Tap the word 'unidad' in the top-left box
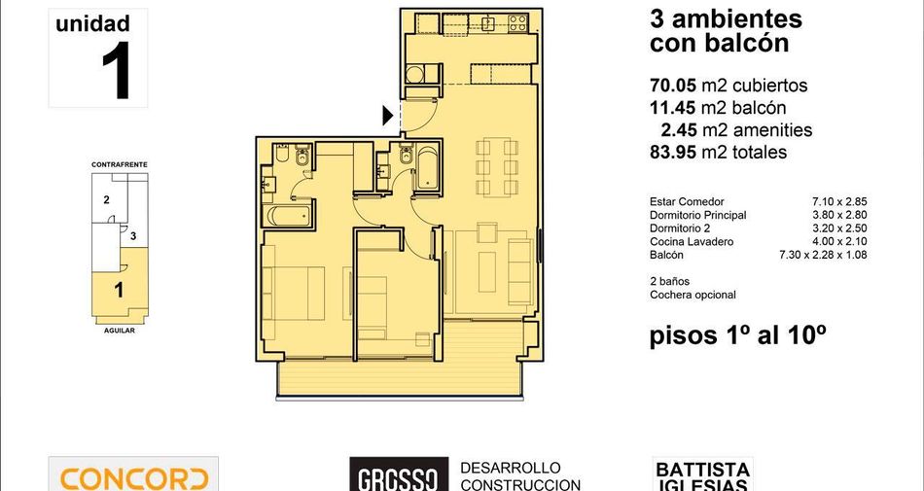(92, 24)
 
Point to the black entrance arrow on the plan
(387, 116)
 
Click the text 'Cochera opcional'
(693, 295)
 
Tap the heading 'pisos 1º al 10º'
(737, 336)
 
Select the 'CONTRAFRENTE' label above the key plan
(120, 165)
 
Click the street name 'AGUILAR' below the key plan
(120, 331)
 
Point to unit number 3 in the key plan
(134, 236)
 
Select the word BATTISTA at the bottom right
(702, 470)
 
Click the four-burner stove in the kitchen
(517, 23)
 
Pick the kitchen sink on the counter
(488, 23)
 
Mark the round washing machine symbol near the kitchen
(415, 74)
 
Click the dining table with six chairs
(497, 167)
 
